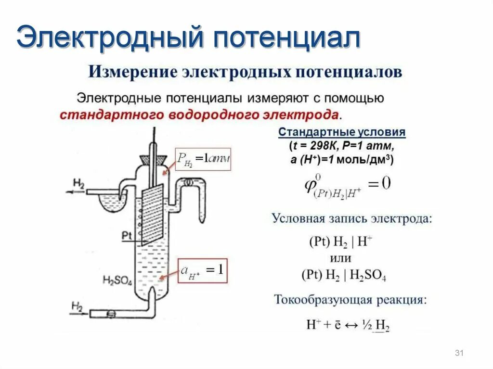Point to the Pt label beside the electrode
tap(127, 235)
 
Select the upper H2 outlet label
tap(78, 183)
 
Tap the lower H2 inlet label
tap(77, 305)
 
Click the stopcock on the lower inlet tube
tap(111, 313)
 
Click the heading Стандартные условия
tap(342, 132)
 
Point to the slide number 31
tap(458, 354)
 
